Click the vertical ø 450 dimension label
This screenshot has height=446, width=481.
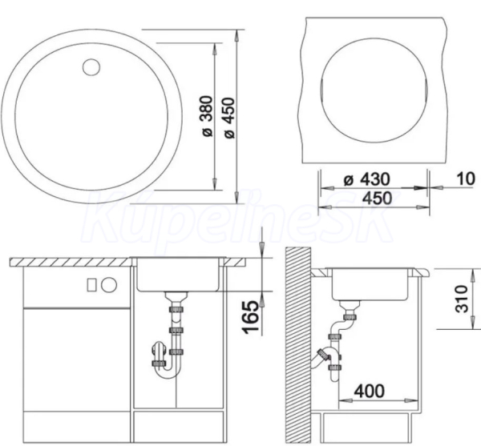pyautogui.click(x=229, y=118)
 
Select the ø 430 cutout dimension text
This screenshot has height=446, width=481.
pyautogui.click(x=367, y=179)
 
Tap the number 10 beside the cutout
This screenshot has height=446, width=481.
pyautogui.click(x=466, y=179)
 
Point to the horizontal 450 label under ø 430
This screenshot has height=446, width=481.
pyautogui.click(x=378, y=199)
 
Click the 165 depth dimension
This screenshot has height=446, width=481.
pyautogui.click(x=251, y=317)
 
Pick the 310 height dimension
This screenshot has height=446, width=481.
pyautogui.click(x=462, y=299)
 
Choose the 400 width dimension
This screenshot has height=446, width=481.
pyautogui.click(x=369, y=391)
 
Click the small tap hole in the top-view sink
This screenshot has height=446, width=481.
pyautogui.click(x=91, y=66)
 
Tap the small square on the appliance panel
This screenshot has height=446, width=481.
pyautogui.click(x=91, y=285)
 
